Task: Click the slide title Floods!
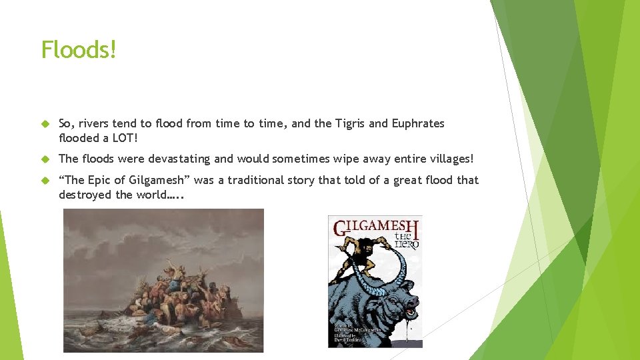pos(79,49)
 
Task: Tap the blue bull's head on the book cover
pos(400,300)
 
